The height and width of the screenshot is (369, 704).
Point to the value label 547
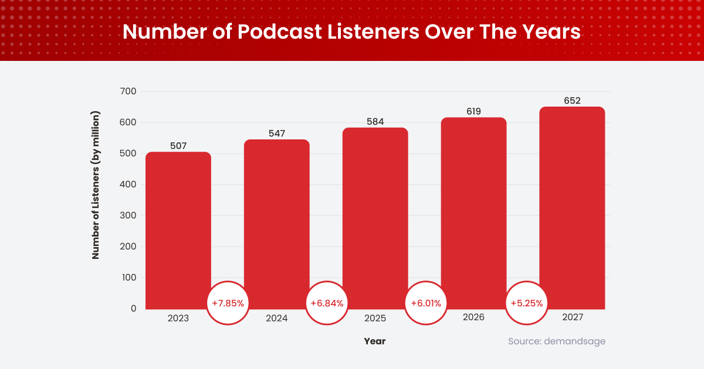276,134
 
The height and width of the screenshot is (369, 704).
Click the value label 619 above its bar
473,111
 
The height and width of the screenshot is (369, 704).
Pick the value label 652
572,101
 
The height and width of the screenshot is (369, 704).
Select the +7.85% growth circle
228,303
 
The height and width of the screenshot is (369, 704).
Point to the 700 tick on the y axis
128,91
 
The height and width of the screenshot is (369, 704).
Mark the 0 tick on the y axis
133,309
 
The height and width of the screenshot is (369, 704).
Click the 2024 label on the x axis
276,318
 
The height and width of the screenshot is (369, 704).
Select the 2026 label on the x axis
473,317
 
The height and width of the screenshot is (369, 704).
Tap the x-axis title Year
375,341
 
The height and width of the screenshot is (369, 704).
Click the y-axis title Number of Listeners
96,184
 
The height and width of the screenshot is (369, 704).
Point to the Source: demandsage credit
556,341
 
